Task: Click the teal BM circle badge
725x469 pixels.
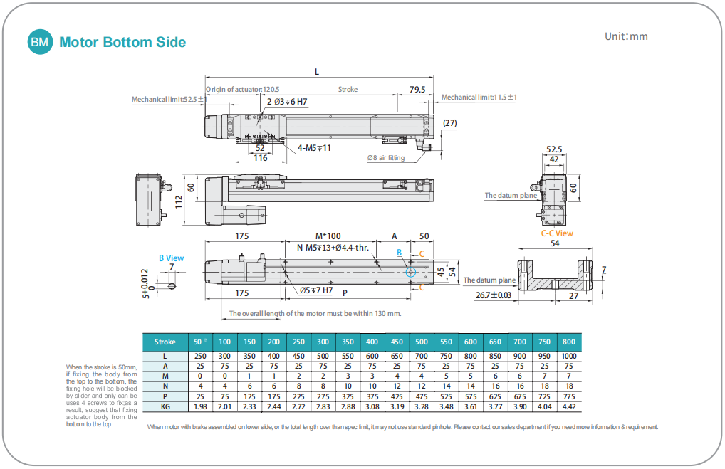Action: [40, 43]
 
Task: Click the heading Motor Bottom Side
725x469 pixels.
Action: [122, 43]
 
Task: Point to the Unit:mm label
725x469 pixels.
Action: [626, 36]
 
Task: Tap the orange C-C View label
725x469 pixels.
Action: [557, 233]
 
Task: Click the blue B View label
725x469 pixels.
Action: [171, 258]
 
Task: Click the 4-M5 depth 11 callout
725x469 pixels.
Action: [314, 148]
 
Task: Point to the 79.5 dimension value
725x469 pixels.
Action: [417, 90]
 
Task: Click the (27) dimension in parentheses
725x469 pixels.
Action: [449, 123]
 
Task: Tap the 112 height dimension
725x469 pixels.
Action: [177, 201]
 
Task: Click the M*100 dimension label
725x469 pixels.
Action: [328, 236]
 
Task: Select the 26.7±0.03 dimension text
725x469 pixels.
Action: [494, 295]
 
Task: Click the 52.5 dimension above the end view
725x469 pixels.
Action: [554, 149]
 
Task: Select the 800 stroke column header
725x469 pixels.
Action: [569, 342]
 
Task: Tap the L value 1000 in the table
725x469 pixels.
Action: [569, 356]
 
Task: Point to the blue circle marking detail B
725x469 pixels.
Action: [410, 272]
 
